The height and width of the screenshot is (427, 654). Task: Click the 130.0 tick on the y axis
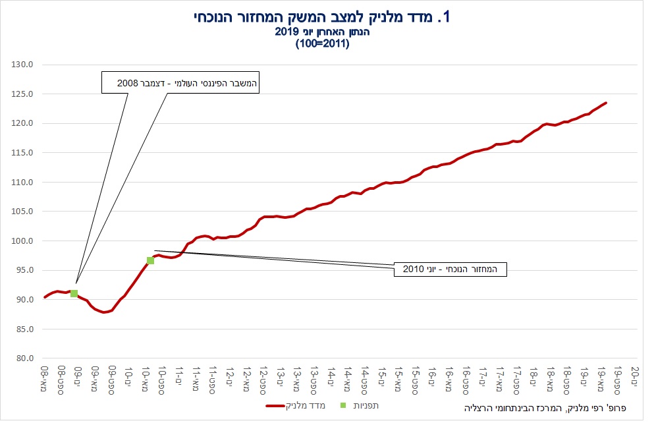23,65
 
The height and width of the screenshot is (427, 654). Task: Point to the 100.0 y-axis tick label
23,241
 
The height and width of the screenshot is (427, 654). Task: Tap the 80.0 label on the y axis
25,358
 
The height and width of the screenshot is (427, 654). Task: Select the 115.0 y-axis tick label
23,153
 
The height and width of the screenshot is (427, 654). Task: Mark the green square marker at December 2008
74,293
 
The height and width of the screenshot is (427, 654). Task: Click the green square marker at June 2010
150,260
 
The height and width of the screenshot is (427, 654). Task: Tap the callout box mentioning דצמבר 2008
180,82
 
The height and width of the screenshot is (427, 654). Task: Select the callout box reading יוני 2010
450,270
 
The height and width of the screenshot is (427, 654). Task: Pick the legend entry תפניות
366,406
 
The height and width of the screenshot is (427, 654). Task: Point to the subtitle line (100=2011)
322,44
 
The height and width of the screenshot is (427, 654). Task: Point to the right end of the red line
606,103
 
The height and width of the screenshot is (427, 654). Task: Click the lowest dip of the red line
104,312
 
